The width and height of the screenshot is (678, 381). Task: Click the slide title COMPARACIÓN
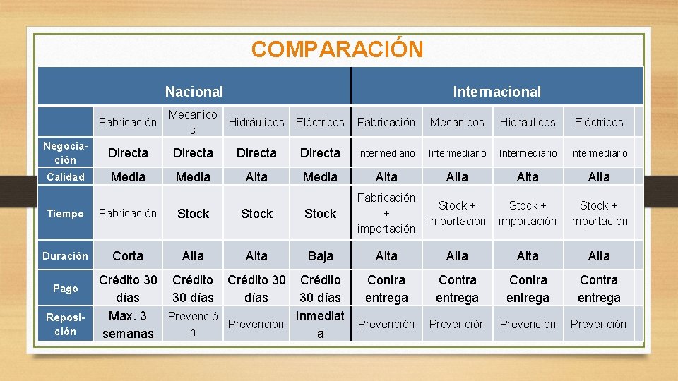click(337, 49)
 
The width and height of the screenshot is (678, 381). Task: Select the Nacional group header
click(194, 92)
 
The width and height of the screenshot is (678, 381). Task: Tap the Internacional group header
click(496, 92)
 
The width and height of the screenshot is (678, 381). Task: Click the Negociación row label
click(65, 153)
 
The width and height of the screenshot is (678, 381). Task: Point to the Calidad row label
click(65, 177)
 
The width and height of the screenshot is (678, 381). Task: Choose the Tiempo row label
click(65, 214)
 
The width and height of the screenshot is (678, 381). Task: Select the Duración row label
click(65, 256)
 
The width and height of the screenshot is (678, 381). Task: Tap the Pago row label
click(65, 289)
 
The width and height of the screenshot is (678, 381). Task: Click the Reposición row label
click(65, 325)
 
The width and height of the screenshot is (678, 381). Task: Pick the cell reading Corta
click(128, 256)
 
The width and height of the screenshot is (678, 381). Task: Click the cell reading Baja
click(320, 256)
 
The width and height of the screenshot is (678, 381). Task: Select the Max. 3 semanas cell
click(128, 325)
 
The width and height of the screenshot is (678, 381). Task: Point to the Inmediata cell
click(320, 325)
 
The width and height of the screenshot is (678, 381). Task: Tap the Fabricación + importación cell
click(386, 213)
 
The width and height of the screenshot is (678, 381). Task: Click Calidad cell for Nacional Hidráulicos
click(256, 177)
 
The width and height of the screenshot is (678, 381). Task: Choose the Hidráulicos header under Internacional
click(528, 122)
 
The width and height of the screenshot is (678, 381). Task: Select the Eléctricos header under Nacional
click(320, 122)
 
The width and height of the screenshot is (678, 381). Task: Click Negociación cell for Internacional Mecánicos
click(457, 153)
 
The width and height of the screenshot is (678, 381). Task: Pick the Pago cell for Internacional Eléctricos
click(599, 289)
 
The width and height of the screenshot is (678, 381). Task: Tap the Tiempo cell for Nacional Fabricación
click(128, 213)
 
